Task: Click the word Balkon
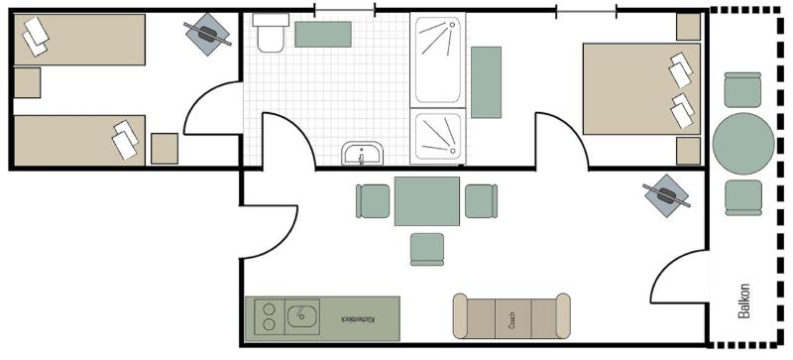click(x=744, y=300)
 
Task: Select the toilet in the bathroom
click(x=269, y=35)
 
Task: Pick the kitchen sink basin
click(x=302, y=318)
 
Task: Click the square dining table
click(x=426, y=200)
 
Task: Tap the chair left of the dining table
click(x=373, y=200)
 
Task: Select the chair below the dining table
click(x=427, y=248)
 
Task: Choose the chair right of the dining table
click(x=480, y=200)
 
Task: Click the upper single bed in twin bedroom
click(x=78, y=40)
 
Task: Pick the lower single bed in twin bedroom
click(x=78, y=139)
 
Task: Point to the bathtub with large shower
click(x=439, y=60)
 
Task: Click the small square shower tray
click(x=439, y=137)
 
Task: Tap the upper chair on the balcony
click(x=743, y=90)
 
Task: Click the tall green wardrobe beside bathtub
click(x=487, y=81)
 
